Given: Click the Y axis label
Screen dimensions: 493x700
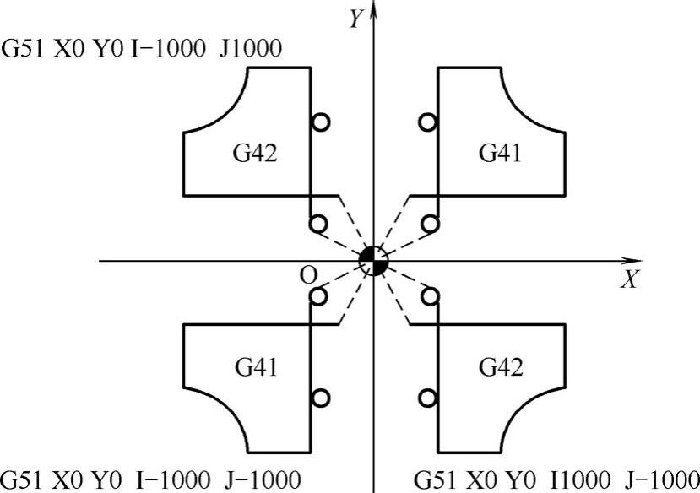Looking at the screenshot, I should [x=356, y=19].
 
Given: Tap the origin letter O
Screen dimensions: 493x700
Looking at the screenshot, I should [x=309, y=277].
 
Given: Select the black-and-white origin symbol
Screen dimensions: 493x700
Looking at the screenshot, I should [x=372, y=261].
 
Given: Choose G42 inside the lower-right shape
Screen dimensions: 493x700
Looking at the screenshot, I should [x=500, y=367].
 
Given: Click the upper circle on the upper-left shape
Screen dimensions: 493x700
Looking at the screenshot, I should [x=320, y=122].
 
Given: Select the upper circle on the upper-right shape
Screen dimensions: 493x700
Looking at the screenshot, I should [x=428, y=122].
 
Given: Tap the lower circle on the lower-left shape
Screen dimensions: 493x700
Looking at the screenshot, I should [x=320, y=397].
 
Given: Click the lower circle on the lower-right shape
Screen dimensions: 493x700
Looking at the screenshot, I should [x=428, y=397].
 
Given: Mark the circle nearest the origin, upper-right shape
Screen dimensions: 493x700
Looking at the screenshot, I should [x=430, y=224].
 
